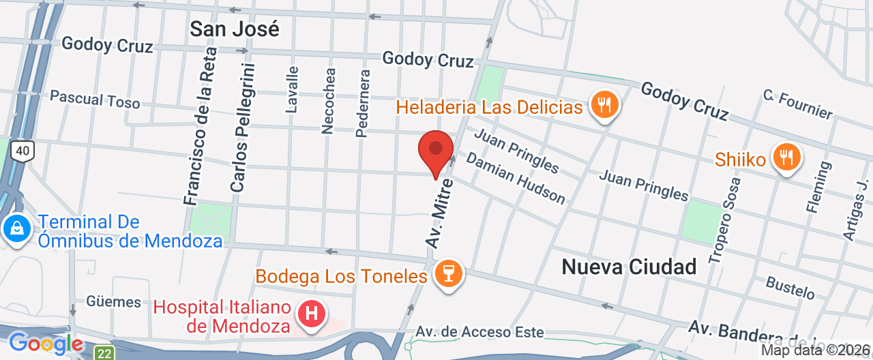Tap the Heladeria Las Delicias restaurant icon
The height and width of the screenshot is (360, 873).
(x=604, y=105)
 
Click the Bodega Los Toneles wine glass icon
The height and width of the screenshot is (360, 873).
(x=448, y=274)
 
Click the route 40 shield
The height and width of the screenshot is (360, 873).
(x=22, y=151)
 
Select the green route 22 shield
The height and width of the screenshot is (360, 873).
(x=104, y=352)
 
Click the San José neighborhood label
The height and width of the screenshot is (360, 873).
(x=234, y=29)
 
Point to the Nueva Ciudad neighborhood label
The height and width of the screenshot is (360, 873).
(x=629, y=267)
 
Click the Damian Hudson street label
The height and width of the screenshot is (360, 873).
(x=516, y=177)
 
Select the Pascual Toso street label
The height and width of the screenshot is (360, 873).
(x=95, y=100)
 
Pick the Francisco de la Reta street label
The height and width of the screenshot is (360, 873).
(x=201, y=126)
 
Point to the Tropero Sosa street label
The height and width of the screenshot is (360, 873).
(x=724, y=220)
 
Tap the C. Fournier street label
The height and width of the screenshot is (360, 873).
(x=797, y=104)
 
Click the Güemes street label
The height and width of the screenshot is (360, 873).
(x=113, y=301)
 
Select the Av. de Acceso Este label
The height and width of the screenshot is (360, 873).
(x=479, y=332)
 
